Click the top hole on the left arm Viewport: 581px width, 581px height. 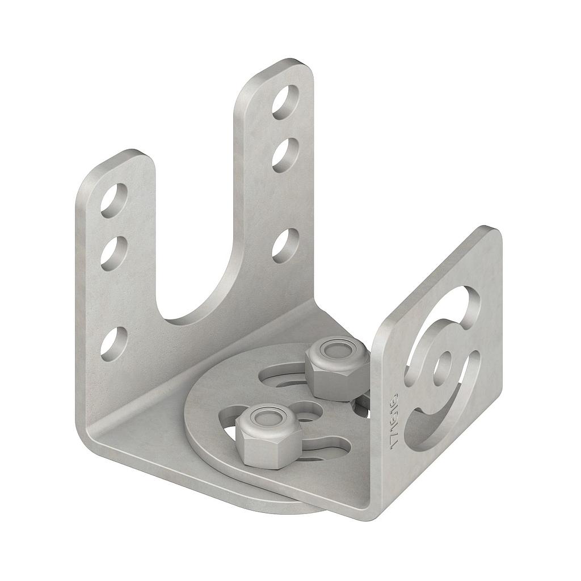[114, 200]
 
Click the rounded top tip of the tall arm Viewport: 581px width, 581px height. [292, 64]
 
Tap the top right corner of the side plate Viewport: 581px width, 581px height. [492, 231]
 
